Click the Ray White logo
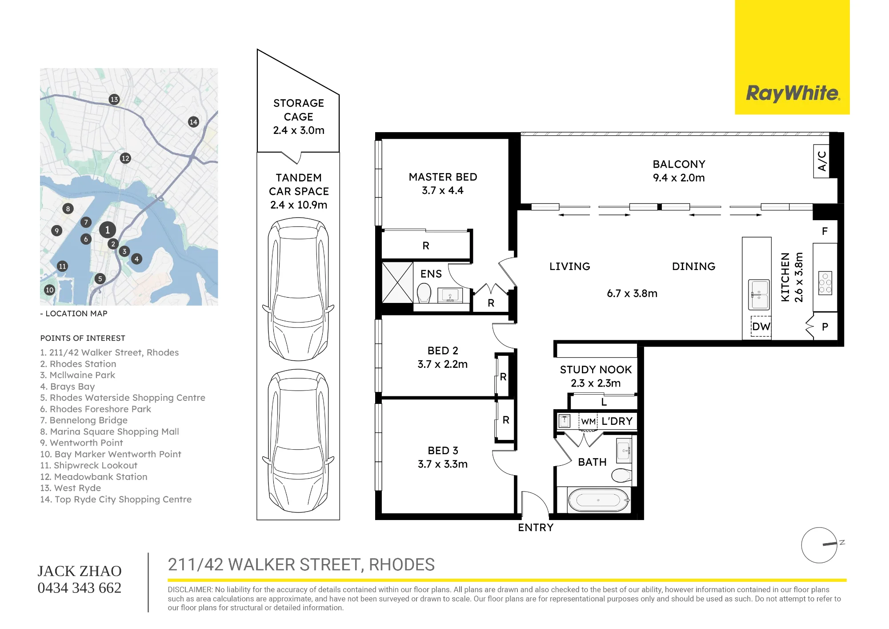click(x=793, y=93)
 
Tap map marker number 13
click(x=114, y=99)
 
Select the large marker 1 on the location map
click(x=107, y=230)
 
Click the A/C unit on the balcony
click(x=821, y=161)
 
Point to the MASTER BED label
click(x=443, y=177)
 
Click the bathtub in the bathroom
click(x=598, y=500)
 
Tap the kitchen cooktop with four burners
click(x=825, y=283)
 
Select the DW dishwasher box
click(x=761, y=327)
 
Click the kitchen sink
click(x=759, y=294)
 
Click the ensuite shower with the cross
click(x=397, y=282)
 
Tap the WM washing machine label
click(x=588, y=422)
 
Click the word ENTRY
click(x=536, y=528)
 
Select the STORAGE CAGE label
click(x=299, y=110)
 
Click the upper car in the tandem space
click(x=298, y=289)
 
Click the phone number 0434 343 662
click(x=80, y=588)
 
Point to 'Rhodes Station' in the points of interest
click(x=83, y=364)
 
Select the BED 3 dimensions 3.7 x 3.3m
click(x=443, y=464)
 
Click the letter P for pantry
click(x=825, y=327)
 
